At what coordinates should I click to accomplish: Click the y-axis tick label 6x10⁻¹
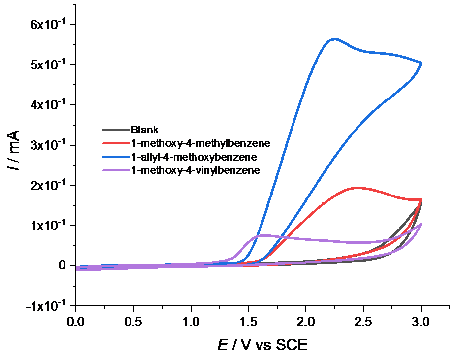click(x=48, y=24)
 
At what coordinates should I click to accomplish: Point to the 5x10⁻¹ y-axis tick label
click(x=48, y=65)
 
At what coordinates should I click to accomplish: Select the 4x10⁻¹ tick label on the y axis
click(x=48, y=105)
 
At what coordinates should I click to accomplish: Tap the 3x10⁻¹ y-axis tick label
click(x=48, y=145)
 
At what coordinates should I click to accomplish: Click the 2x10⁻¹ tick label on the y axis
click(x=48, y=185)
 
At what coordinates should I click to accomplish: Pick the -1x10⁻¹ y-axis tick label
click(x=46, y=306)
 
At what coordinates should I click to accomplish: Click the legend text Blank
click(x=145, y=130)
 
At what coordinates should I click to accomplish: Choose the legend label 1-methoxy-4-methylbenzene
click(x=201, y=143)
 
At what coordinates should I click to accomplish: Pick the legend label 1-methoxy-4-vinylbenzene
click(x=195, y=170)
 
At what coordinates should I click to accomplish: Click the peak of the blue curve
click(x=334, y=38)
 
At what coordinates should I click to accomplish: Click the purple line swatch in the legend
click(x=115, y=170)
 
